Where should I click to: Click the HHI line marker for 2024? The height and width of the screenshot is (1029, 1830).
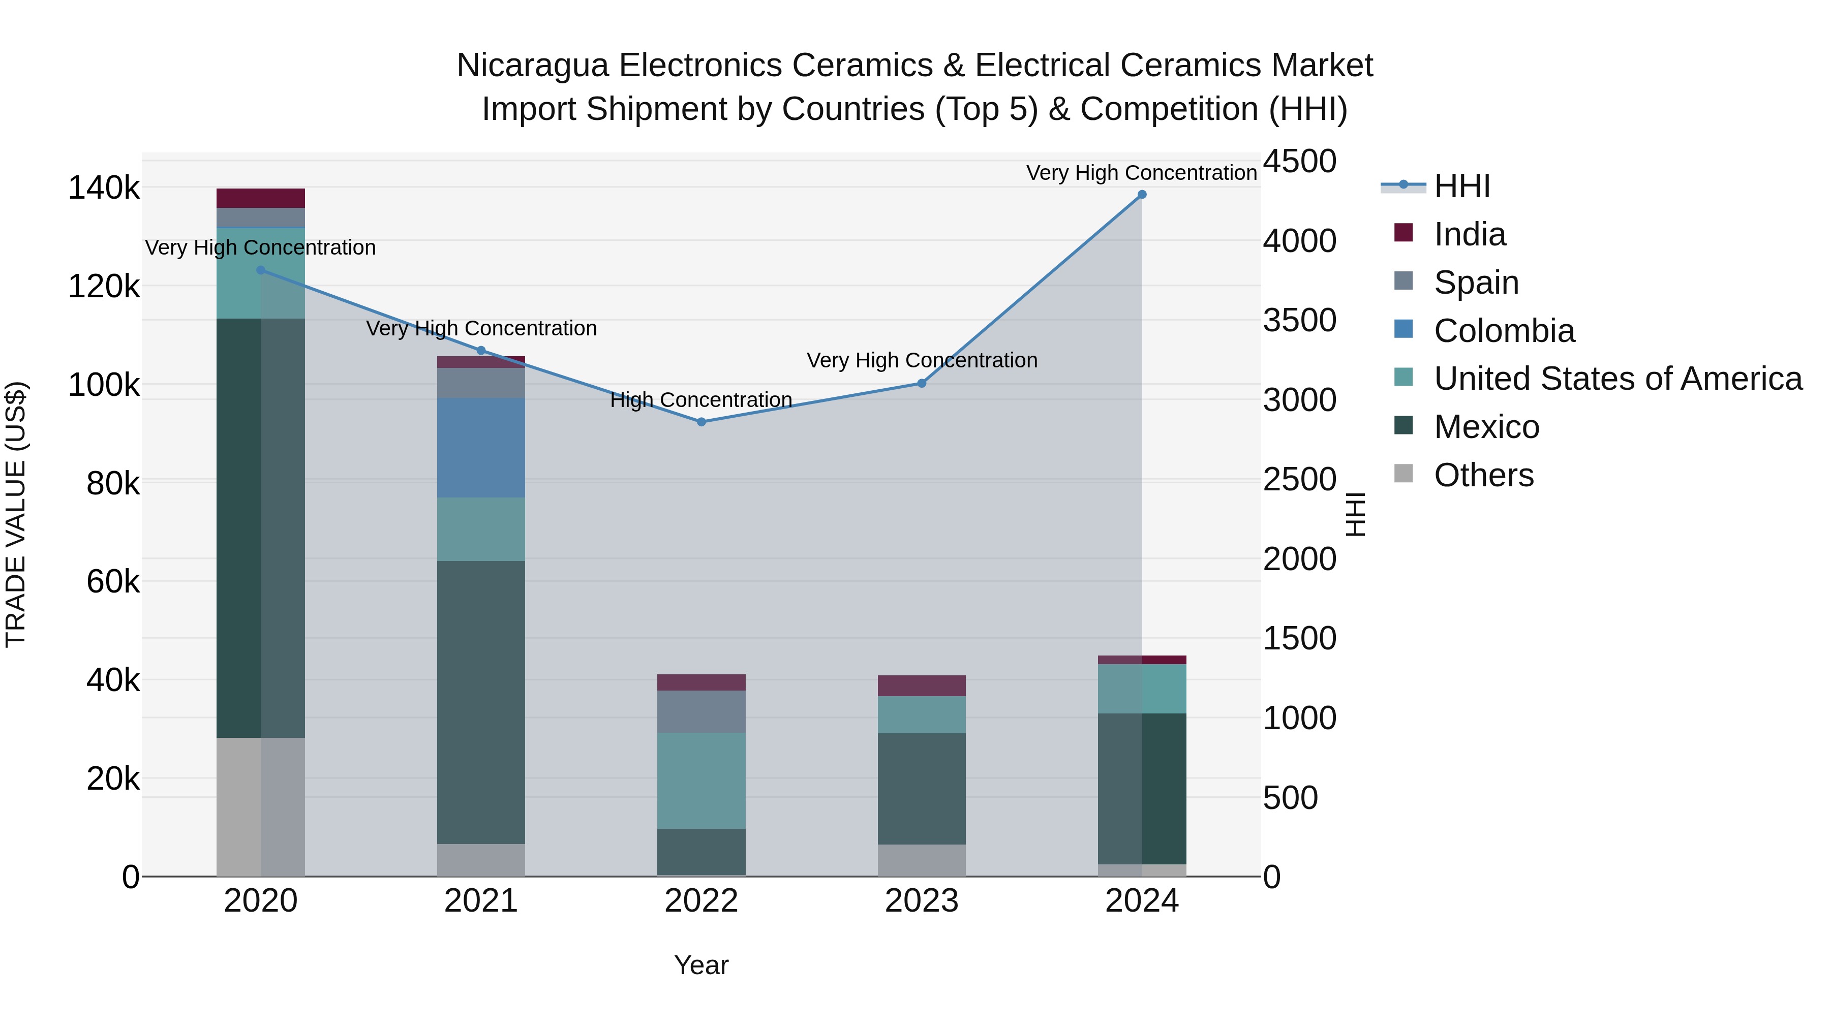point(1142,195)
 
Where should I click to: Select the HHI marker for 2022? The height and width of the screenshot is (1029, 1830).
point(701,422)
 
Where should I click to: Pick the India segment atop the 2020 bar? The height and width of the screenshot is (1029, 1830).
point(261,198)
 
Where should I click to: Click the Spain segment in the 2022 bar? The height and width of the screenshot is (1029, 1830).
point(701,711)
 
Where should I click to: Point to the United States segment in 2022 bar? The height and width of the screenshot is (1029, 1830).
point(701,781)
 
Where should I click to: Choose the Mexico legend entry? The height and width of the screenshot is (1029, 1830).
point(1486,427)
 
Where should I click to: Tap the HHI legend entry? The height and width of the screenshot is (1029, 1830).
point(1461,186)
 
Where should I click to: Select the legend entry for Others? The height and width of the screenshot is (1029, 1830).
point(1483,475)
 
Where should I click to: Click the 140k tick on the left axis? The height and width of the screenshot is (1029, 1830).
point(104,188)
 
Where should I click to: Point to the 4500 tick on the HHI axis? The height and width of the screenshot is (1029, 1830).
point(1299,161)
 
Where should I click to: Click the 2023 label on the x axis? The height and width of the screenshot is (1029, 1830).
point(922,901)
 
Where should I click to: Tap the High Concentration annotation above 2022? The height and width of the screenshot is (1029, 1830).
point(701,400)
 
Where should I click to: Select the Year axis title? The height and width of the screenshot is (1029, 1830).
point(701,965)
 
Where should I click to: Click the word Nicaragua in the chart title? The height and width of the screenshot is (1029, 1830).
point(532,66)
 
